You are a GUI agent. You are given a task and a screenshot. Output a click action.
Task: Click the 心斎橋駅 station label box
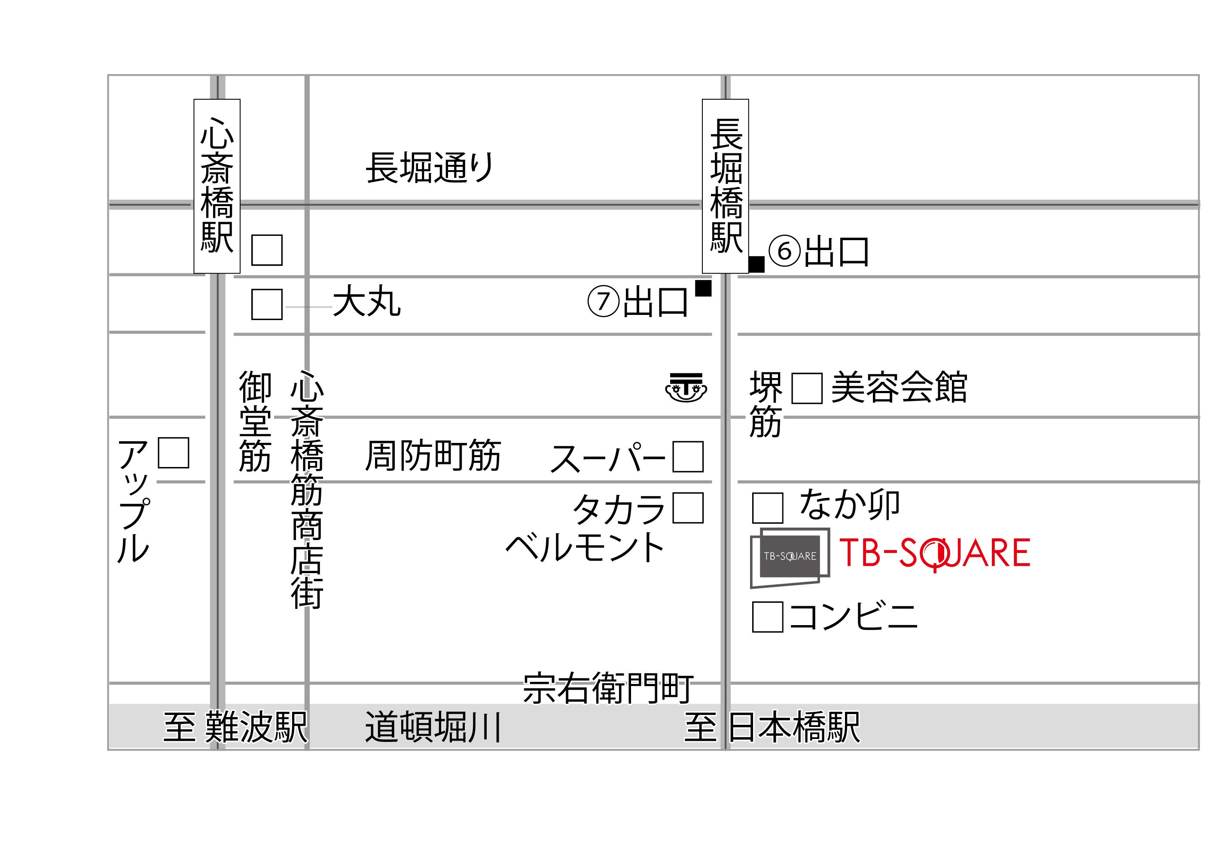tap(217, 186)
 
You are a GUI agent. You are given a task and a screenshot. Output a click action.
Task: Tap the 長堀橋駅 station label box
tap(725, 186)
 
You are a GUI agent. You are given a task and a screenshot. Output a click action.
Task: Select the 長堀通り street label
tap(430, 168)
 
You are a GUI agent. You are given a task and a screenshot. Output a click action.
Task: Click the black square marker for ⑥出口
tap(756, 264)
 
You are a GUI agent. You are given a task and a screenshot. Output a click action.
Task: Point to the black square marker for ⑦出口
tap(703, 288)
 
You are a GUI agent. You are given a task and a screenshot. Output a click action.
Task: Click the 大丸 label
tap(367, 302)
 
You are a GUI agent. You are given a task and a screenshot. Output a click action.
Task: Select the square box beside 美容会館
tap(806, 388)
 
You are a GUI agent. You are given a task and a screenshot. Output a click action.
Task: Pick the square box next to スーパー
tap(688, 457)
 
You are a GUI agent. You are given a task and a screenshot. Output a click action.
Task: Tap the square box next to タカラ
tap(688, 508)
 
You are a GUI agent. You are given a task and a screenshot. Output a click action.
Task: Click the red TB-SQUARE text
tap(934, 553)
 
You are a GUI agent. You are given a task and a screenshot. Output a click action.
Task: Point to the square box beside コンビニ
tap(767, 617)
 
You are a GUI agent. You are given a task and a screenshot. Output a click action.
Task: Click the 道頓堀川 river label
tap(433, 727)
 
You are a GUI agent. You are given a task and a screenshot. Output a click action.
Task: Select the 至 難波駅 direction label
tap(235, 727)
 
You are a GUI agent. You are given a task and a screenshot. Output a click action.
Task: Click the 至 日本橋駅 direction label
tap(772, 727)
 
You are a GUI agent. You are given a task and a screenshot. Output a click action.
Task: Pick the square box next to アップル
tap(174, 453)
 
